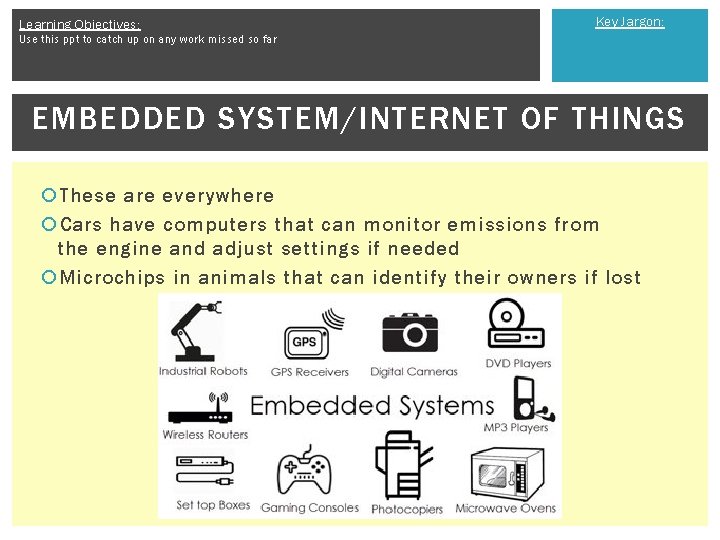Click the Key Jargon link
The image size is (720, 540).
pos(629,22)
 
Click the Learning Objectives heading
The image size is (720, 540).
pos(80,24)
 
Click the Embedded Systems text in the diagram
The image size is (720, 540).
pos(372,406)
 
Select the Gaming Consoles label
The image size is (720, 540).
pos(310,508)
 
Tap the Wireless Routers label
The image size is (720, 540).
pos(205,435)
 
